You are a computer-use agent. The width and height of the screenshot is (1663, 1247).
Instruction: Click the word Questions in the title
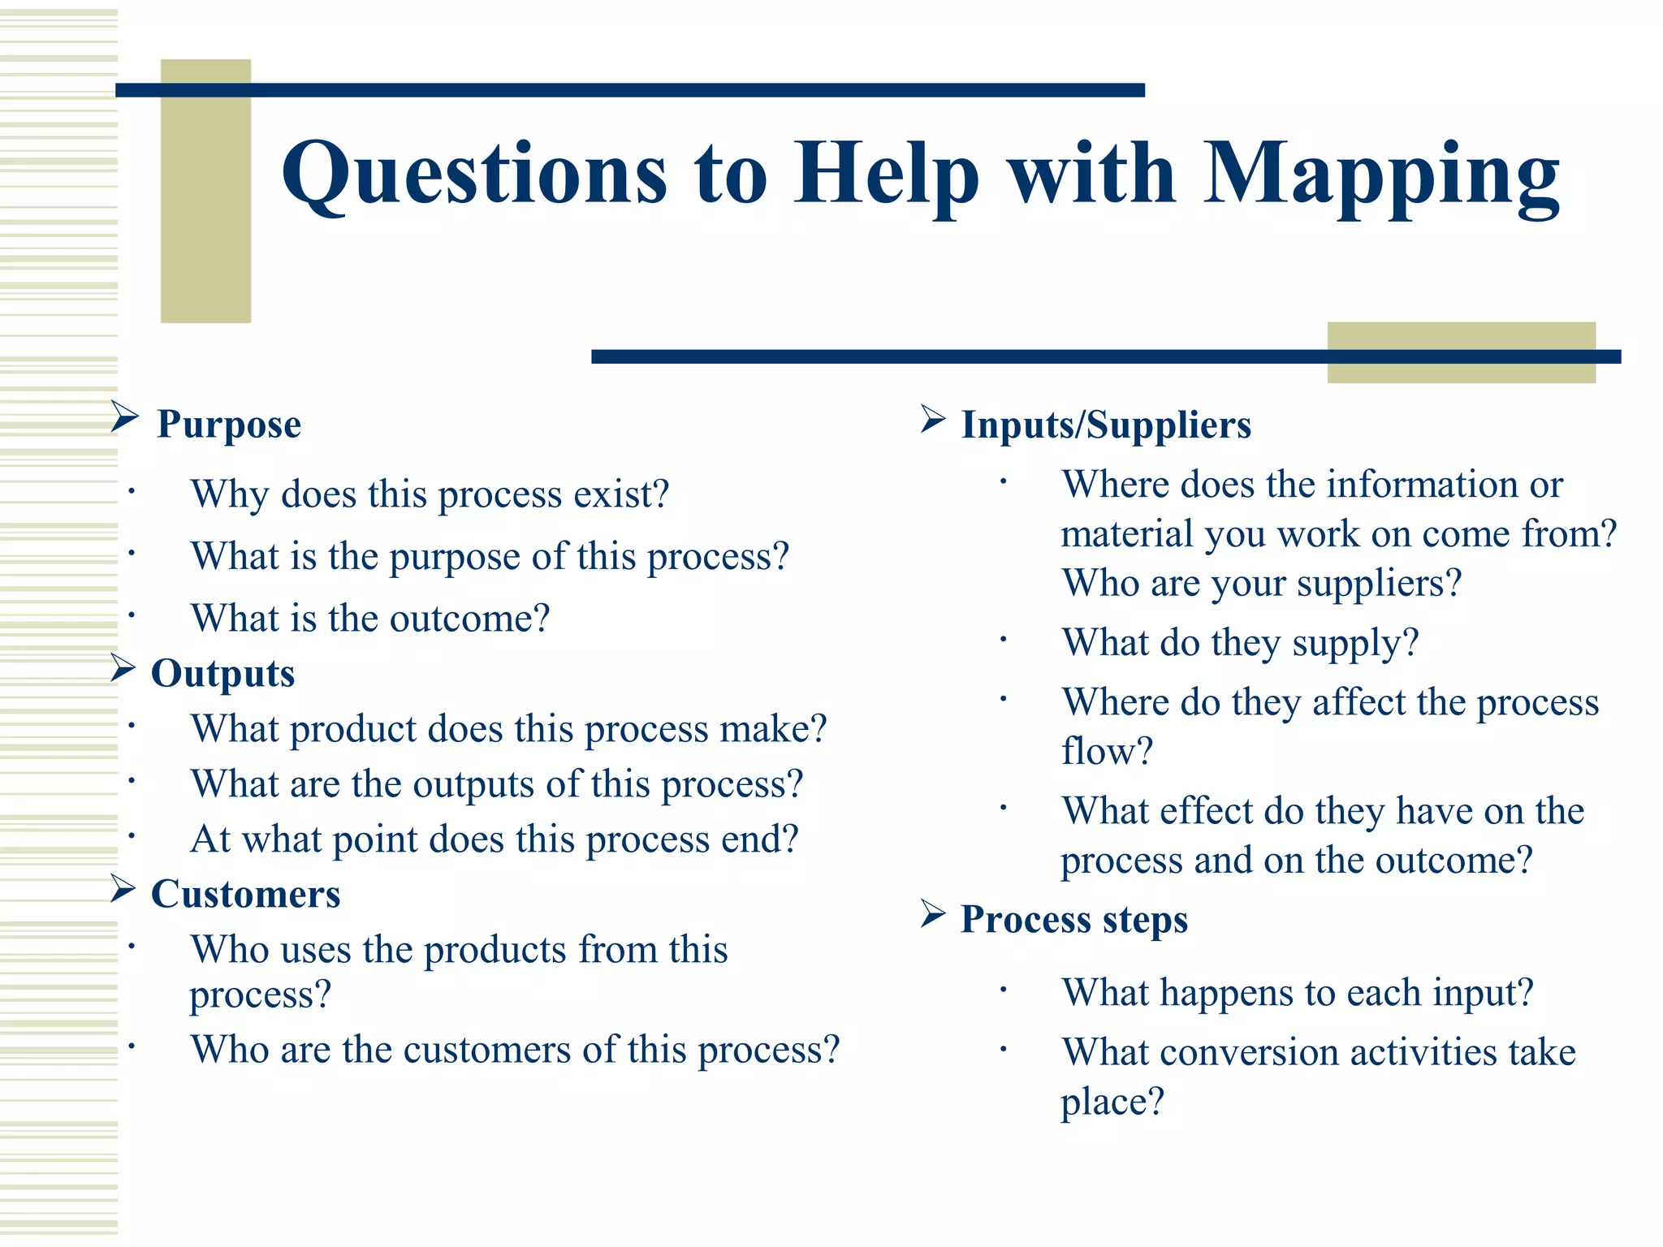tap(474, 175)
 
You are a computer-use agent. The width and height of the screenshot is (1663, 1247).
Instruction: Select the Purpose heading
tap(228, 425)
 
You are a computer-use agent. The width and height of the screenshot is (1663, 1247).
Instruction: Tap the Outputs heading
tap(222, 674)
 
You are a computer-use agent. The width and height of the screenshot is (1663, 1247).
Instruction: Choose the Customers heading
tap(245, 895)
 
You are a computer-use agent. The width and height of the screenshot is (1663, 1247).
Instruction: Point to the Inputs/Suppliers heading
tap(1106, 425)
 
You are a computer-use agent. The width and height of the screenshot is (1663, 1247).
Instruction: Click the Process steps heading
tap(1073, 919)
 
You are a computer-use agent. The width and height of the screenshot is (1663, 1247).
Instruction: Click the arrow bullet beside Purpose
tap(124, 417)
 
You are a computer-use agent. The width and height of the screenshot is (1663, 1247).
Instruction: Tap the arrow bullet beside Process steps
tap(933, 914)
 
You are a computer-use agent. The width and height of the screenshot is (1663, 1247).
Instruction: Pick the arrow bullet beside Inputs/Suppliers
tap(933, 419)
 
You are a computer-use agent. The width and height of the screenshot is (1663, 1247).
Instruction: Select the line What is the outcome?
tap(370, 619)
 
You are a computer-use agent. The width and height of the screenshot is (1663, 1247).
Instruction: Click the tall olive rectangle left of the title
tap(205, 191)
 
